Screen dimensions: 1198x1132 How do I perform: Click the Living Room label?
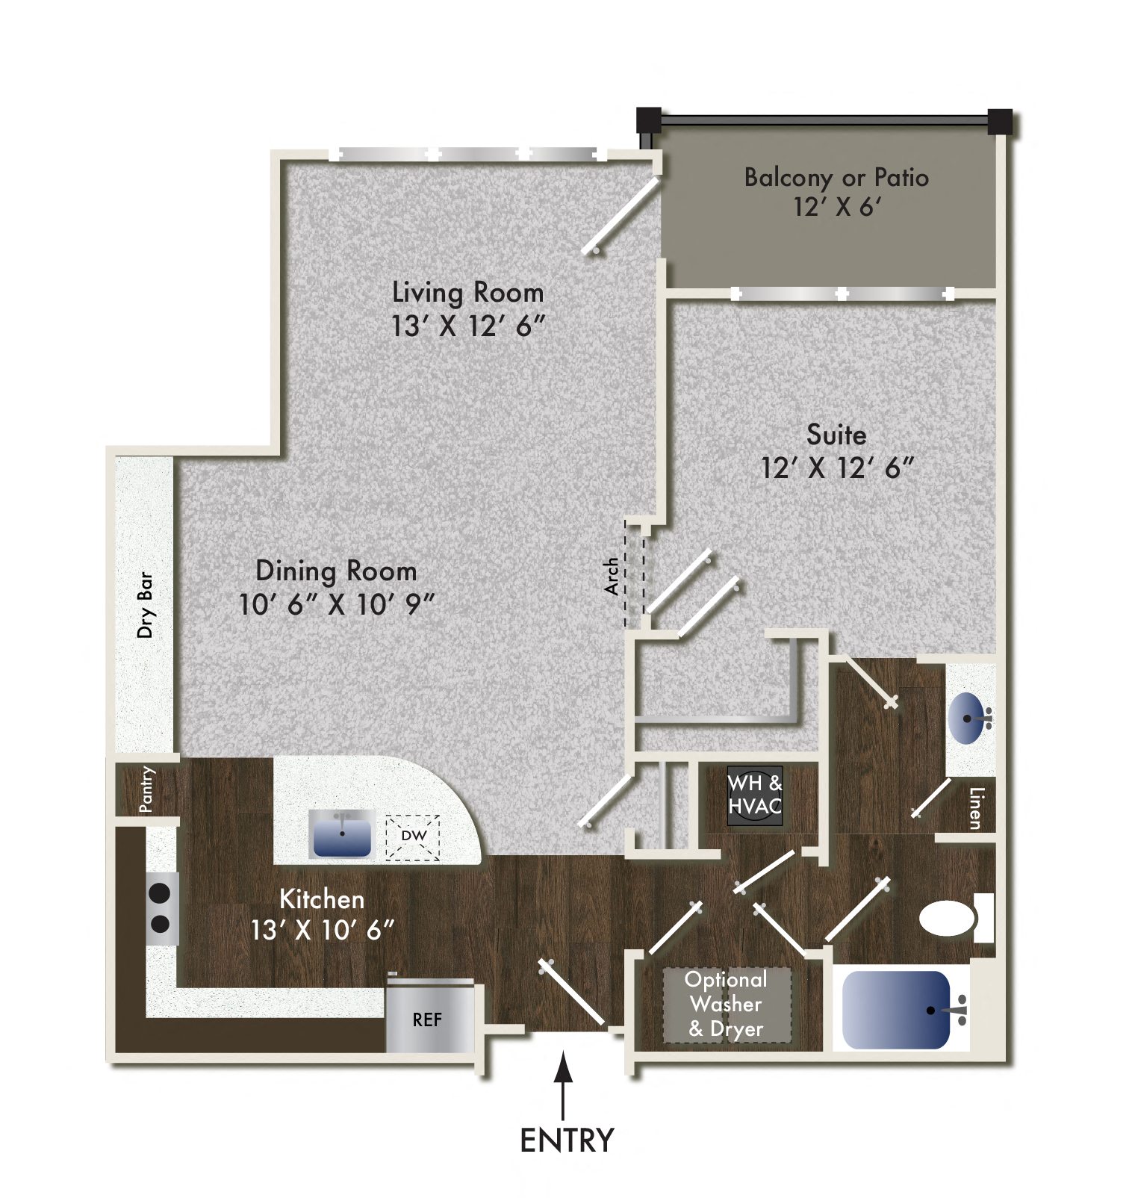click(x=467, y=292)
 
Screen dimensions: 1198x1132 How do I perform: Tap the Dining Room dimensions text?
click(x=336, y=604)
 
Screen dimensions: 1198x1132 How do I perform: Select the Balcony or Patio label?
click(x=836, y=178)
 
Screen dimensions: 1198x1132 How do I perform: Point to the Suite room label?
click(x=836, y=435)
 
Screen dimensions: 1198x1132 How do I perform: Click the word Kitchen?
click(x=322, y=899)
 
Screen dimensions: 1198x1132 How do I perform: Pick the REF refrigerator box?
click(x=428, y=1019)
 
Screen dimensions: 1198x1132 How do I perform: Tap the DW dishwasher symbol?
click(x=413, y=836)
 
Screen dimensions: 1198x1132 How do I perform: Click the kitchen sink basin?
click(x=342, y=837)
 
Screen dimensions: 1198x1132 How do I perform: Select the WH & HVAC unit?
click(x=755, y=795)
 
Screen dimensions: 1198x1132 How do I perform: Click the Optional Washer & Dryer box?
click(x=726, y=1004)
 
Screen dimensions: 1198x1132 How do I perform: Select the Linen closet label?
click(x=975, y=808)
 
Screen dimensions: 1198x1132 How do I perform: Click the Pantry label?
click(x=146, y=789)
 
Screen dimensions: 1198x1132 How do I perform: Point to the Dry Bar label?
click(x=145, y=605)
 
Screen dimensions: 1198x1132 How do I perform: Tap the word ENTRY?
click(x=567, y=1140)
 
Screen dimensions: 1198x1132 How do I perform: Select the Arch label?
click(x=612, y=576)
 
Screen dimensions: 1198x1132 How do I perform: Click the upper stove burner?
click(x=161, y=893)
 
